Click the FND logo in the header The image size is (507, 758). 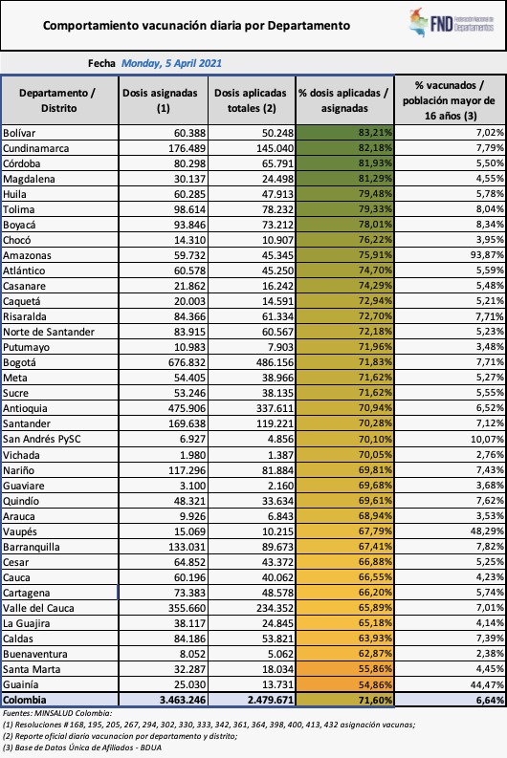tap(452, 22)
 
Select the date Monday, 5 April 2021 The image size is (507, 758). tap(171, 63)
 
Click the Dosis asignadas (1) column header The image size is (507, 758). tap(163, 100)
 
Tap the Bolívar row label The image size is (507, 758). tap(19, 133)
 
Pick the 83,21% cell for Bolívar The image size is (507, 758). tap(344, 133)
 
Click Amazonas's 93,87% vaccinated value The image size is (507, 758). tap(487, 255)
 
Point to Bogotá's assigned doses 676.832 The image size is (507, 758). tap(187, 362)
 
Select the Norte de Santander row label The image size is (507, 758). tap(49, 332)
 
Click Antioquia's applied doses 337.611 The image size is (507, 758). tap(275, 408)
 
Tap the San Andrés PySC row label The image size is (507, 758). tap(41, 439)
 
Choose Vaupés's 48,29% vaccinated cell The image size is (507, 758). tap(487, 531)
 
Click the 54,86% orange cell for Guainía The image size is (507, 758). tap(344, 684)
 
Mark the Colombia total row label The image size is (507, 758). tap(25, 700)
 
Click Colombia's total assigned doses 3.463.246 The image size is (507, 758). tap(183, 700)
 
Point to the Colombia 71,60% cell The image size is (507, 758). tap(344, 700)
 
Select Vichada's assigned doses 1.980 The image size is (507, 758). tap(193, 454)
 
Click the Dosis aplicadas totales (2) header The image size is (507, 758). tap(251, 100)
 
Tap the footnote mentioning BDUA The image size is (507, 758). tap(81, 747)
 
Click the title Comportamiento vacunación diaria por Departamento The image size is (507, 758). tap(196, 26)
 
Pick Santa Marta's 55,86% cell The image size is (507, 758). tap(344, 668)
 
